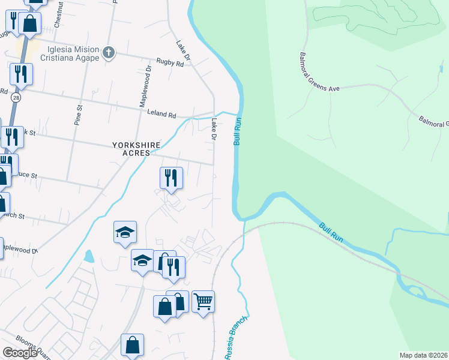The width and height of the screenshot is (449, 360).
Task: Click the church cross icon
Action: point(109,53)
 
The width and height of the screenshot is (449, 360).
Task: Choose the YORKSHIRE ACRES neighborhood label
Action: point(132,148)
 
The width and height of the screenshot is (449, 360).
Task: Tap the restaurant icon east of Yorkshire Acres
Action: point(171,178)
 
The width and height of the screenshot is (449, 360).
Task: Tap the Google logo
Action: point(20,353)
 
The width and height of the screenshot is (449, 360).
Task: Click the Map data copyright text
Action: point(424,355)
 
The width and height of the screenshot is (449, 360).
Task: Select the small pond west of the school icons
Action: point(89,256)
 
